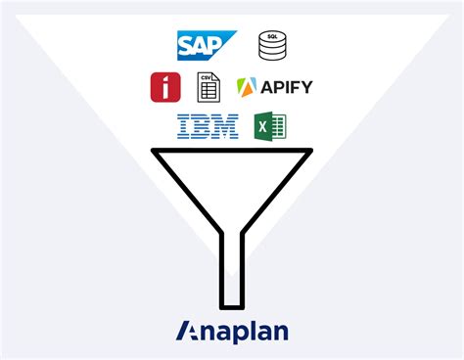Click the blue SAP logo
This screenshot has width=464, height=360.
pyautogui.click(x=207, y=45)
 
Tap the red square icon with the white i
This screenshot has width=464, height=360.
pyautogui.click(x=165, y=86)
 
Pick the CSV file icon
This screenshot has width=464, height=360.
pyautogui.click(x=208, y=86)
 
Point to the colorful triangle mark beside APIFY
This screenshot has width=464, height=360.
pyautogui.click(x=247, y=87)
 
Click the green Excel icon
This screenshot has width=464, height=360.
pyautogui.click(x=269, y=127)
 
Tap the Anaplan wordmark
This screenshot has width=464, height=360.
pyautogui.click(x=232, y=331)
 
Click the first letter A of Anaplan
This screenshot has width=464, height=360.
pyautogui.click(x=189, y=331)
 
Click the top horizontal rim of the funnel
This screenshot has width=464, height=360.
pyautogui.click(x=231, y=150)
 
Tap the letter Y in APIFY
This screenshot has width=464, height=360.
pyautogui.click(x=306, y=87)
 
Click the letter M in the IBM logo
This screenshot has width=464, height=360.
pyautogui.click(x=227, y=126)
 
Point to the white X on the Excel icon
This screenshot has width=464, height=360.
pyautogui.click(x=262, y=128)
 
